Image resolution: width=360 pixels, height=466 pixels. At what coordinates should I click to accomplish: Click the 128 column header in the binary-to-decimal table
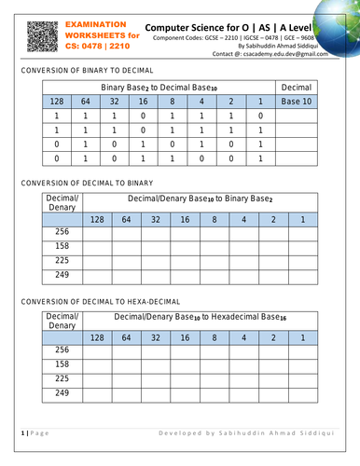click(56, 101)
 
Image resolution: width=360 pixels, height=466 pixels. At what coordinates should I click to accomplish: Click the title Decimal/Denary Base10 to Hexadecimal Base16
click(201, 319)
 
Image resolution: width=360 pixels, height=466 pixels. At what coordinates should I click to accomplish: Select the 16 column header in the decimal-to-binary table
click(185, 219)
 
